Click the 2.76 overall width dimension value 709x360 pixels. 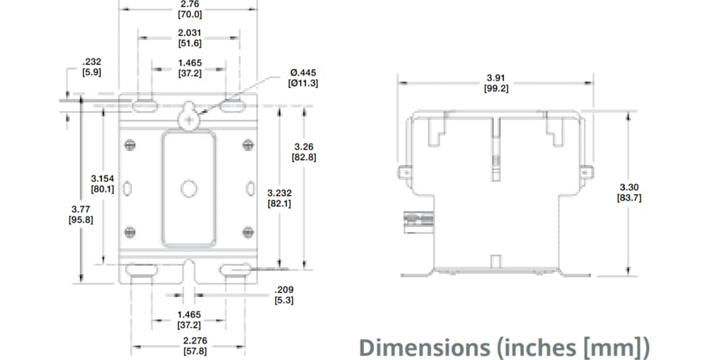click(189, 4)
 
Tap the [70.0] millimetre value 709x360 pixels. click(189, 14)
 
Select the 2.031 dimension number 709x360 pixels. click(189, 33)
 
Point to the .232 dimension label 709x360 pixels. click(91, 61)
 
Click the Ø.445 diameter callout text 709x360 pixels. click(299, 72)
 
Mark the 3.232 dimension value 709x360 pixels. click(280, 193)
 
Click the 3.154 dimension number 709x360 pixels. click(102, 179)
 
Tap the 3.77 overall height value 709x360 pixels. click(80, 209)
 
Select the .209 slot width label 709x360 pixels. click(284, 290)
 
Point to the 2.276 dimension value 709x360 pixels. click(194, 341)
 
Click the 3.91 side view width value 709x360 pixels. click(496, 78)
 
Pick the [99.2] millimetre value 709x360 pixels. click(496, 87)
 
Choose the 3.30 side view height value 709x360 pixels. click(629, 187)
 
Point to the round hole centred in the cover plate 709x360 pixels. click(188, 189)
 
